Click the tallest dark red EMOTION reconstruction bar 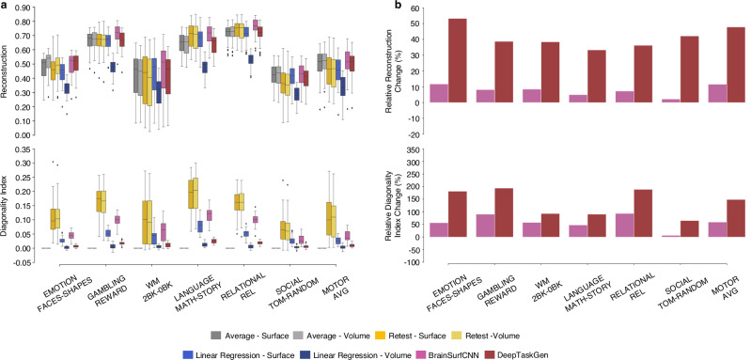tap(458, 60)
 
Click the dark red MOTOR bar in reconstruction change tap(736, 65)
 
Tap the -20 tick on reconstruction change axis tap(423, 134)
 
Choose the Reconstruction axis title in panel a tap(7, 71)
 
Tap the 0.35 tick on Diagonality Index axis tap(28, 149)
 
